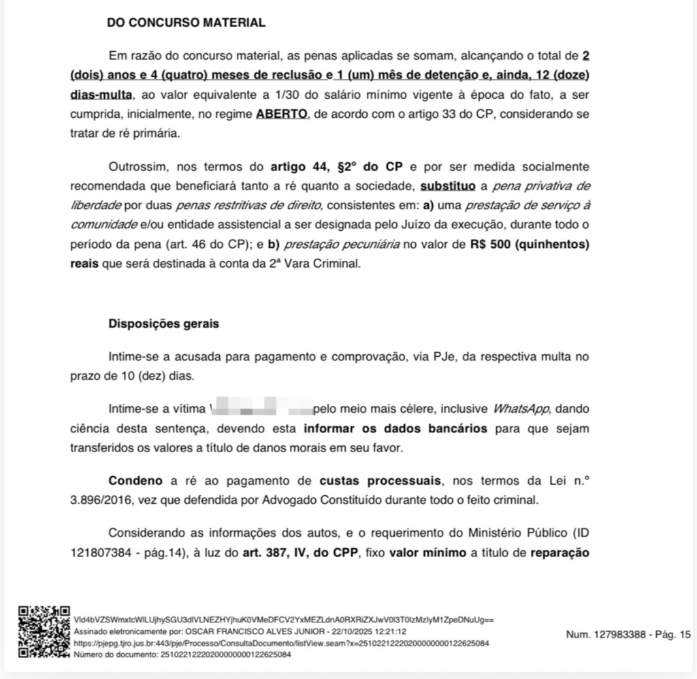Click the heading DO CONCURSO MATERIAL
click(x=186, y=22)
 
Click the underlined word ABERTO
click(x=281, y=114)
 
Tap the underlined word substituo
click(x=449, y=186)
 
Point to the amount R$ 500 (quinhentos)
click(x=529, y=244)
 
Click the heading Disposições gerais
click(x=163, y=323)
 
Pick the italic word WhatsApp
click(x=521, y=409)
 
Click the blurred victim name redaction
click(x=261, y=409)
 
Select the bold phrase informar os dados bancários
click(x=395, y=429)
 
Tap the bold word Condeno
click(x=136, y=481)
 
